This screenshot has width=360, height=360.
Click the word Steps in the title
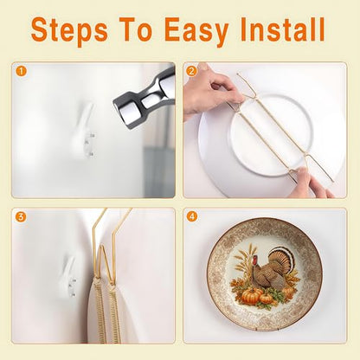(69, 30)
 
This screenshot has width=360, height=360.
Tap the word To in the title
(135, 29)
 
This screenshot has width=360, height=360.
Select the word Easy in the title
(196, 30)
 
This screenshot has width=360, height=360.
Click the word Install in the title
(283, 29)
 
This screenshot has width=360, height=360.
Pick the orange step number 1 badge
(21, 71)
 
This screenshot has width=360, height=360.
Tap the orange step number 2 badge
(191, 71)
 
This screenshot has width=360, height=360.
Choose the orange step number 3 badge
(20, 217)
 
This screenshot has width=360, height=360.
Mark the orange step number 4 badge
(192, 216)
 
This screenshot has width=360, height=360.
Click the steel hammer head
(145, 100)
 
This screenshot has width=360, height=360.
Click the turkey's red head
(254, 260)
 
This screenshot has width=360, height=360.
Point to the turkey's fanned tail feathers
(281, 260)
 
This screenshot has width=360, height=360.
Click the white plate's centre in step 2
(271, 136)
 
